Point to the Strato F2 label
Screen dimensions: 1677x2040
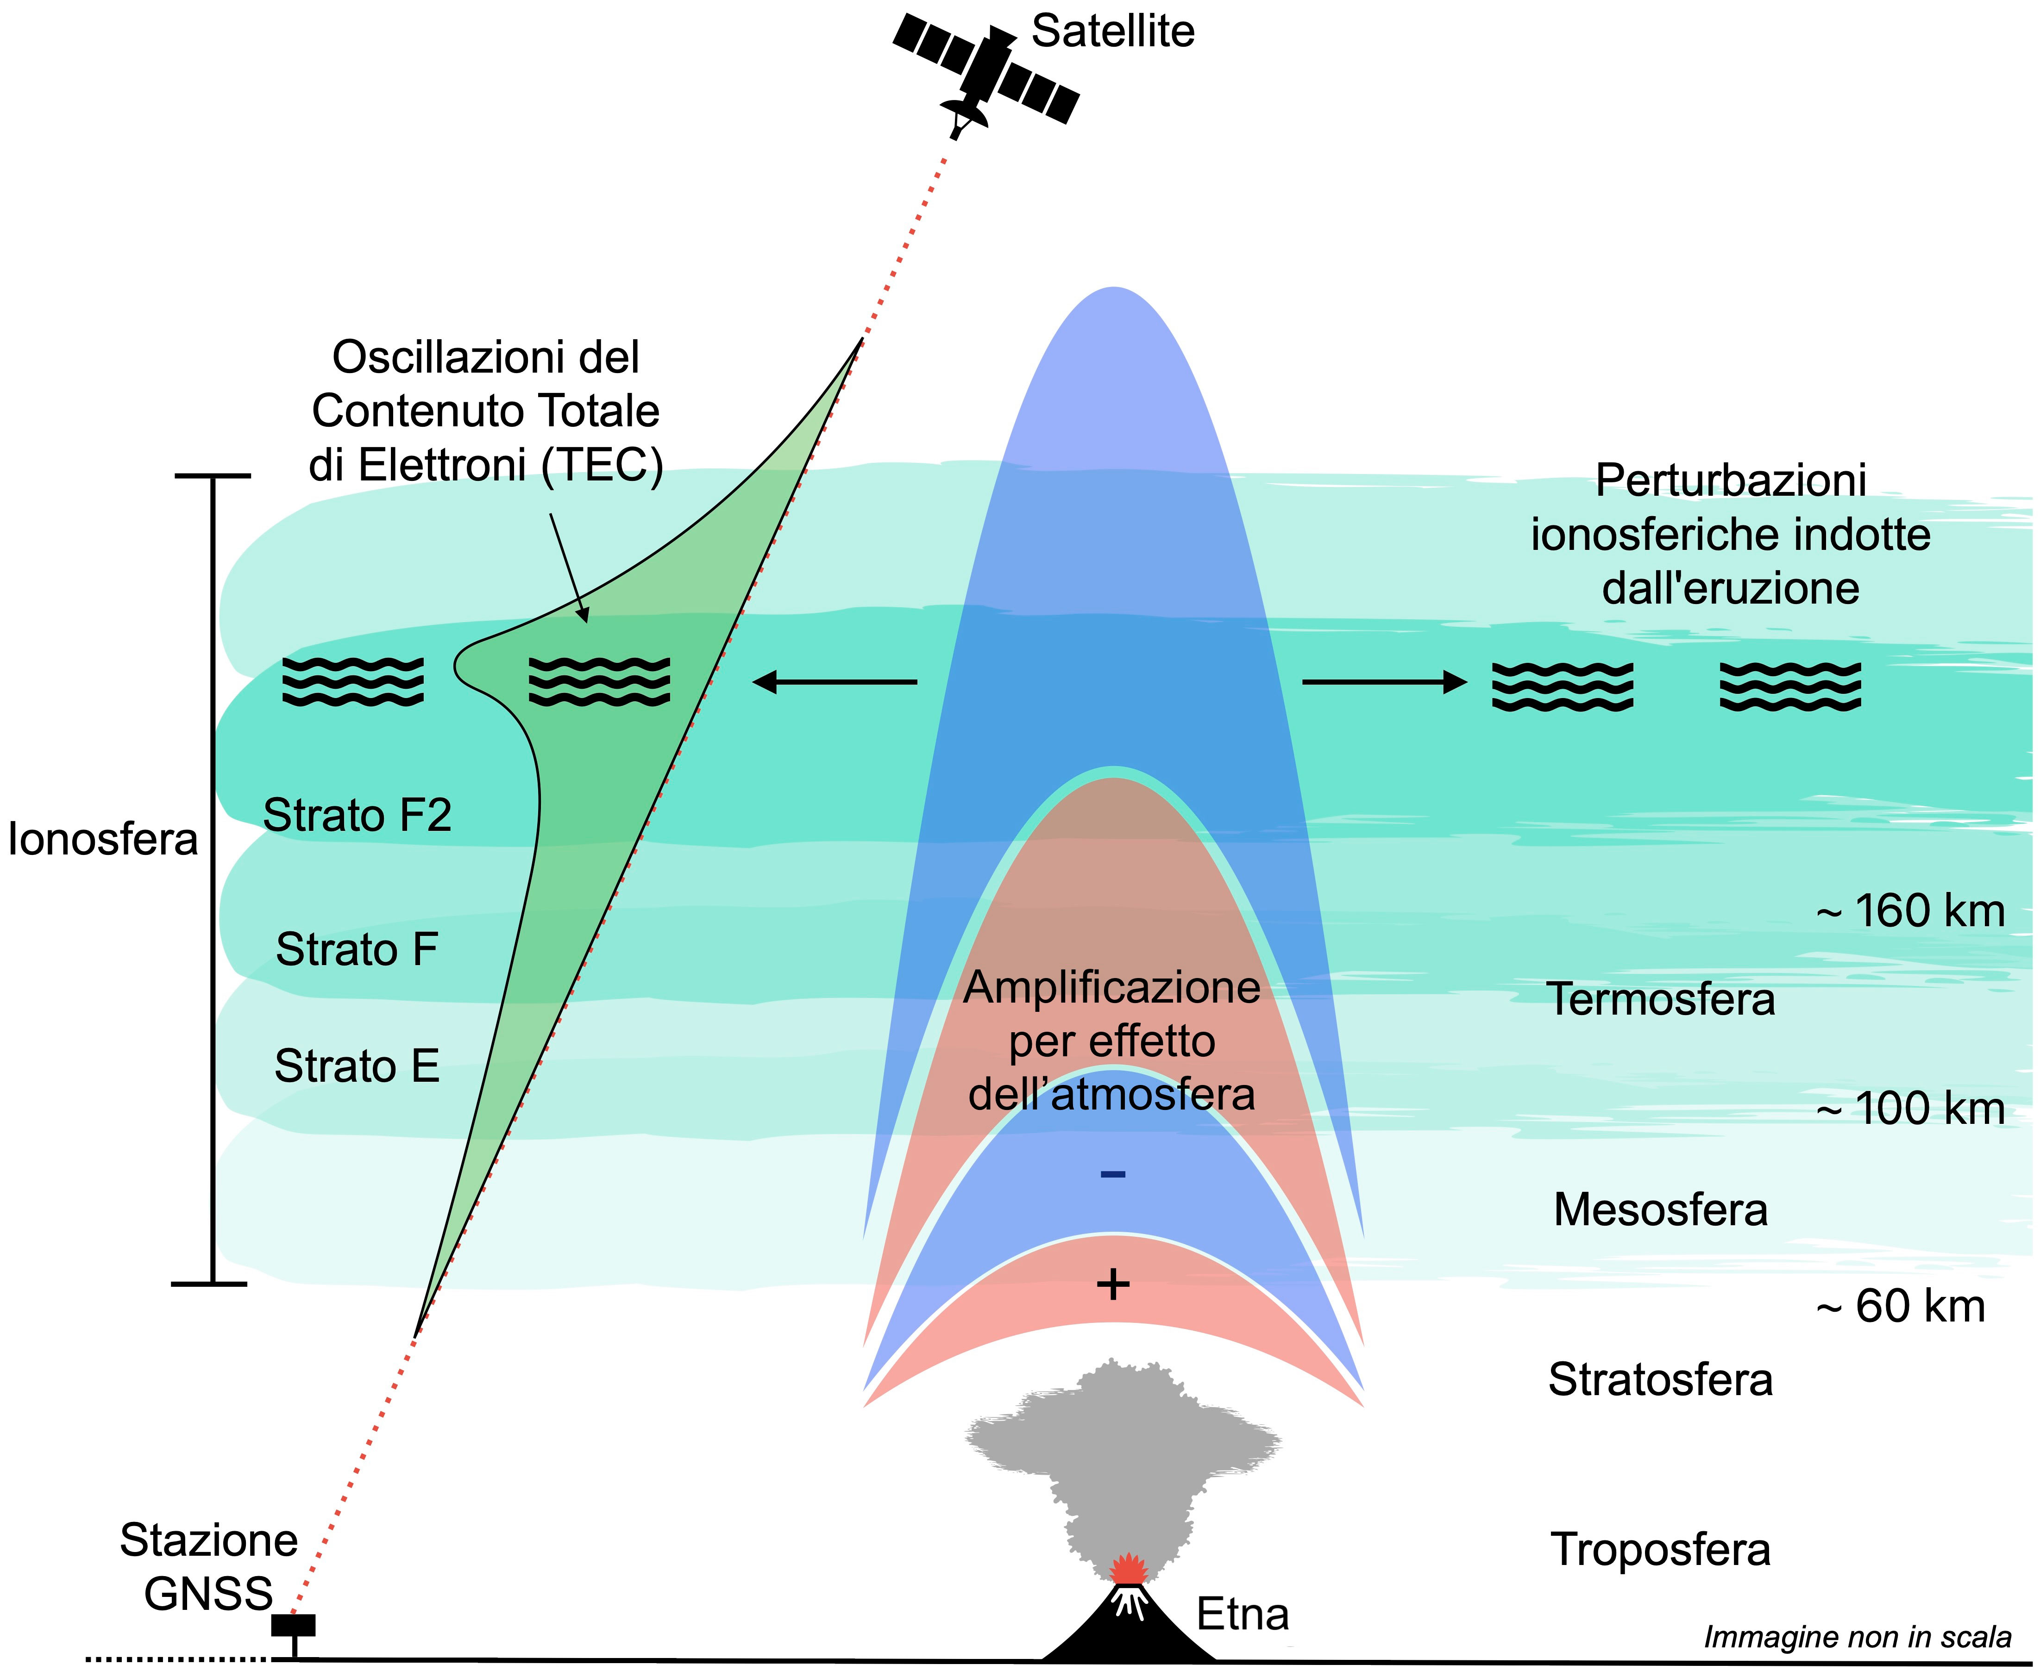358,815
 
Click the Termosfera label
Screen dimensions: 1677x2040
1661,999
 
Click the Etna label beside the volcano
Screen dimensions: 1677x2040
1243,1614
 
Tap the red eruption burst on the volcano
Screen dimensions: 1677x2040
1127,1569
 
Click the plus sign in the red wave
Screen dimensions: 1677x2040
1113,1285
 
